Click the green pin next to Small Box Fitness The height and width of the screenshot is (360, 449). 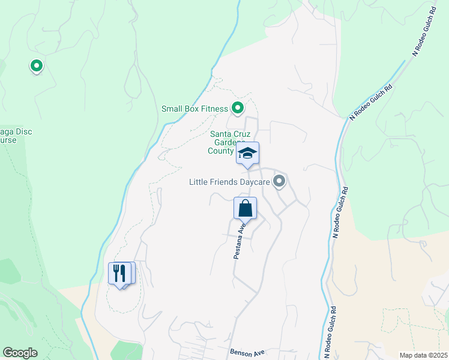coord(237,108)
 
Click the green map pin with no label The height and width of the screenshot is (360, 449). coord(36,65)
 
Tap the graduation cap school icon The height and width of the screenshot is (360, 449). coord(247,154)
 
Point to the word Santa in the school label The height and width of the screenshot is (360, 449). coord(221,134)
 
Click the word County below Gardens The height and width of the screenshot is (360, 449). coord(220,151)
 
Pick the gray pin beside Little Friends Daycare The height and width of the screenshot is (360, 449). coord(279,180)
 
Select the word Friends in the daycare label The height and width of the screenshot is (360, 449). coord(224,181)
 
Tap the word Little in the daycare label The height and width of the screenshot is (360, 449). coord(199,181)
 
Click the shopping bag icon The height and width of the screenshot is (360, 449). coord(245,209)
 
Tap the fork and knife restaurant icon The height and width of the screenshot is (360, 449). coord(119,274)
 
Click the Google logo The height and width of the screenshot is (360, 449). coord(20,353)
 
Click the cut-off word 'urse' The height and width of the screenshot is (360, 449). coord(8,140)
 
